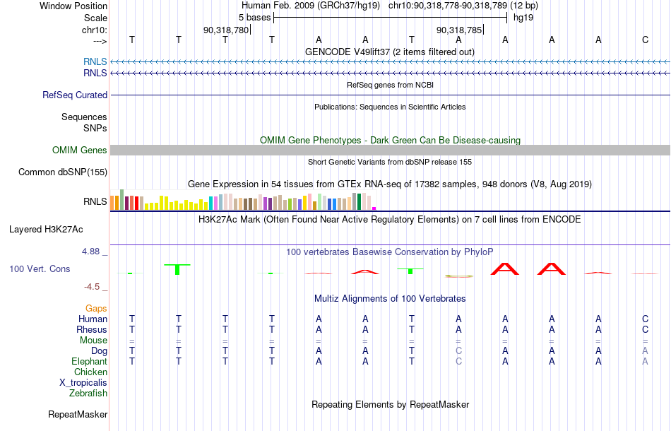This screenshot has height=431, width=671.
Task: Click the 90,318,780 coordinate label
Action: coord(226,30)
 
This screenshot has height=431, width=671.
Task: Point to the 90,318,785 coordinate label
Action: coord(459,30)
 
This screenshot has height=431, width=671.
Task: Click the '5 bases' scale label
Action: coord(254,18)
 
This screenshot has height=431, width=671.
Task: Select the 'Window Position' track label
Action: coord(73,6)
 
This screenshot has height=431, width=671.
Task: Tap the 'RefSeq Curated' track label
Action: coord(75,95)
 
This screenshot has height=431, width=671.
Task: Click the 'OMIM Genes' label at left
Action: coord(80,150)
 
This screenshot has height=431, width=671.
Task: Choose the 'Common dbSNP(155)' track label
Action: coord(63,172)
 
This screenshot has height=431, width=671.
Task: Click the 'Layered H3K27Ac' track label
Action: coord(46,230)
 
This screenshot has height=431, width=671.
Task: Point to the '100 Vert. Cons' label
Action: coord(40,268)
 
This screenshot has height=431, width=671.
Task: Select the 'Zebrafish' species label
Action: coord(88,393)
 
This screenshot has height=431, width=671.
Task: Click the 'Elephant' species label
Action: coord(90,362)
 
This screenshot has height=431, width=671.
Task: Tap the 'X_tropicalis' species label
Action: coord(83,383)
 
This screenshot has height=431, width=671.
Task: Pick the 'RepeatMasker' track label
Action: coord(78,414)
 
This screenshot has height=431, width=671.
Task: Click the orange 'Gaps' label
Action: coord(96,309)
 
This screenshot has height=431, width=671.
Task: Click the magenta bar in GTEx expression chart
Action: coord(374,208)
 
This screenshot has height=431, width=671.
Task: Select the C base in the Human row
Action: coord(646,319)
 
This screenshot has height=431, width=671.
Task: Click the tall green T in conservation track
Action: coord(177,269)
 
